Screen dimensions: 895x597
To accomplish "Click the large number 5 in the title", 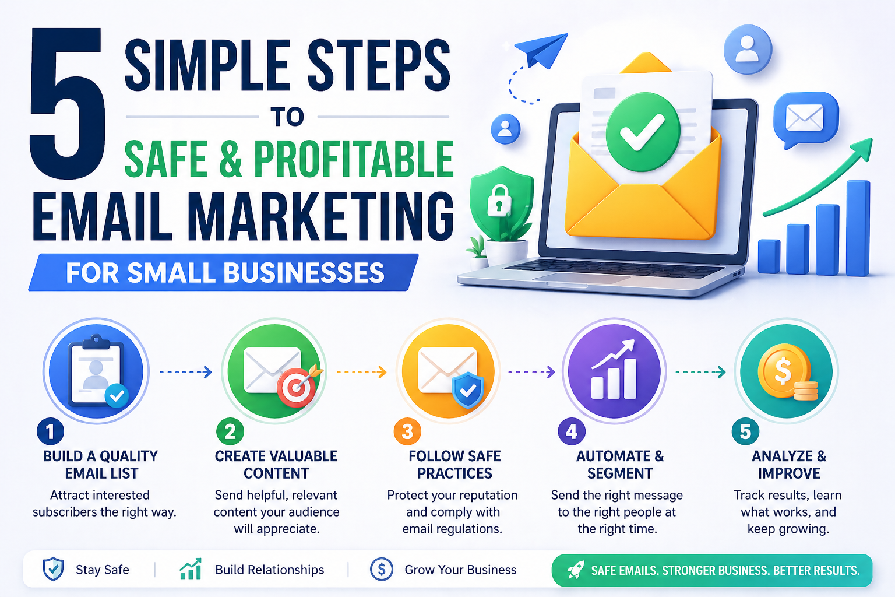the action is [67, 103].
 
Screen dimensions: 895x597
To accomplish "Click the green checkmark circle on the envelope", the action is [643, 132].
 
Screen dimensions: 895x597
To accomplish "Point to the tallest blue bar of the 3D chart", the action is [858, 228].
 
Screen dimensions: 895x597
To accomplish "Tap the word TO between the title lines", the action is [287, 117].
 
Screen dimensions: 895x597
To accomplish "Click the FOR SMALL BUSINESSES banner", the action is [223, 272].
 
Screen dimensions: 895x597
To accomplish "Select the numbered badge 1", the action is [50, 431].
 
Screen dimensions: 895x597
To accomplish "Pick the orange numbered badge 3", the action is [407, 431].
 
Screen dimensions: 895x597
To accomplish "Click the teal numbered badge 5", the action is [746, 431].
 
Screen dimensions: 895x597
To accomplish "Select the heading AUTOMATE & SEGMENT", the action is [620, 465].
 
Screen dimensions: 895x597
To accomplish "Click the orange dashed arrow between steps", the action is [362, 373].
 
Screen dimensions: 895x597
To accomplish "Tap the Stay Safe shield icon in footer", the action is [53, 569].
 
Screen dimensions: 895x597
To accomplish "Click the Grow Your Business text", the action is [460, 570].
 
